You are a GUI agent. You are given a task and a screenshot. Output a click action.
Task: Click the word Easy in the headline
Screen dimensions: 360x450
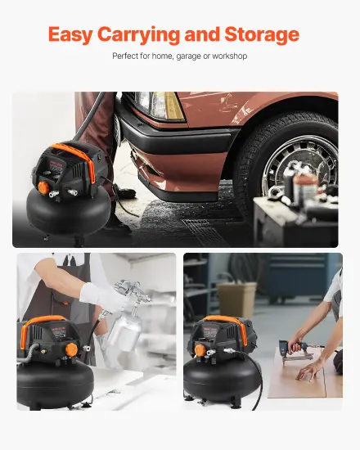[70, 34]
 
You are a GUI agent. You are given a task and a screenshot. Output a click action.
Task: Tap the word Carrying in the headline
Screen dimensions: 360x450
[139, 34]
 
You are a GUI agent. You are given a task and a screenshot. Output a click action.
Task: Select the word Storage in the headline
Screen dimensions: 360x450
[262, 34]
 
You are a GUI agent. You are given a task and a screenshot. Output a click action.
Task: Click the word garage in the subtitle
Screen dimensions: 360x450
[188, 56]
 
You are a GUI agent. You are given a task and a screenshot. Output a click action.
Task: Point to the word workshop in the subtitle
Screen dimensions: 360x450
[229, 56]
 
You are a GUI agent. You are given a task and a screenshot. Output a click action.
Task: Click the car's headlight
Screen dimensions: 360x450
[160, 105]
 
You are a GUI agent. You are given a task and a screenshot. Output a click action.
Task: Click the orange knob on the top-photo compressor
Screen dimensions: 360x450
[44, 187]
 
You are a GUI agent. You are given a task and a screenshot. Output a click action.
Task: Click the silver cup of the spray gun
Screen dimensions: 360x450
[125, 332]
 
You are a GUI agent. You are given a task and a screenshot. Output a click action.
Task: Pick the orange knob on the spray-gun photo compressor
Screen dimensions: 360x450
[71, 349]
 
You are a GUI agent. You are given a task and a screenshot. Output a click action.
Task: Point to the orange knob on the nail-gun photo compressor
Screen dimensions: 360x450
[200, 350]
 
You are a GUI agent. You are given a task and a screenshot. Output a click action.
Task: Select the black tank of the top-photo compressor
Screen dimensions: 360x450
[69, 211]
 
